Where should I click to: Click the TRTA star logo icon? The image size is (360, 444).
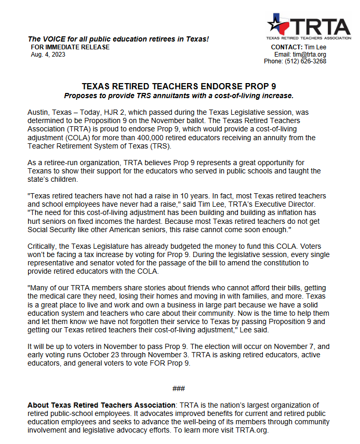[x=279, y=24]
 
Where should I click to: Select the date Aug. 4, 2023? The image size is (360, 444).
[x=48, y=55]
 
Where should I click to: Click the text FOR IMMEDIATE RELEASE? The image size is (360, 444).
[x=71, y=47]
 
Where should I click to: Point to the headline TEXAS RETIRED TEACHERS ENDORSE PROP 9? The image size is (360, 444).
[x=179, y=87]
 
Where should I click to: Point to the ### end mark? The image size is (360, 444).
[x=179, y=388]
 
